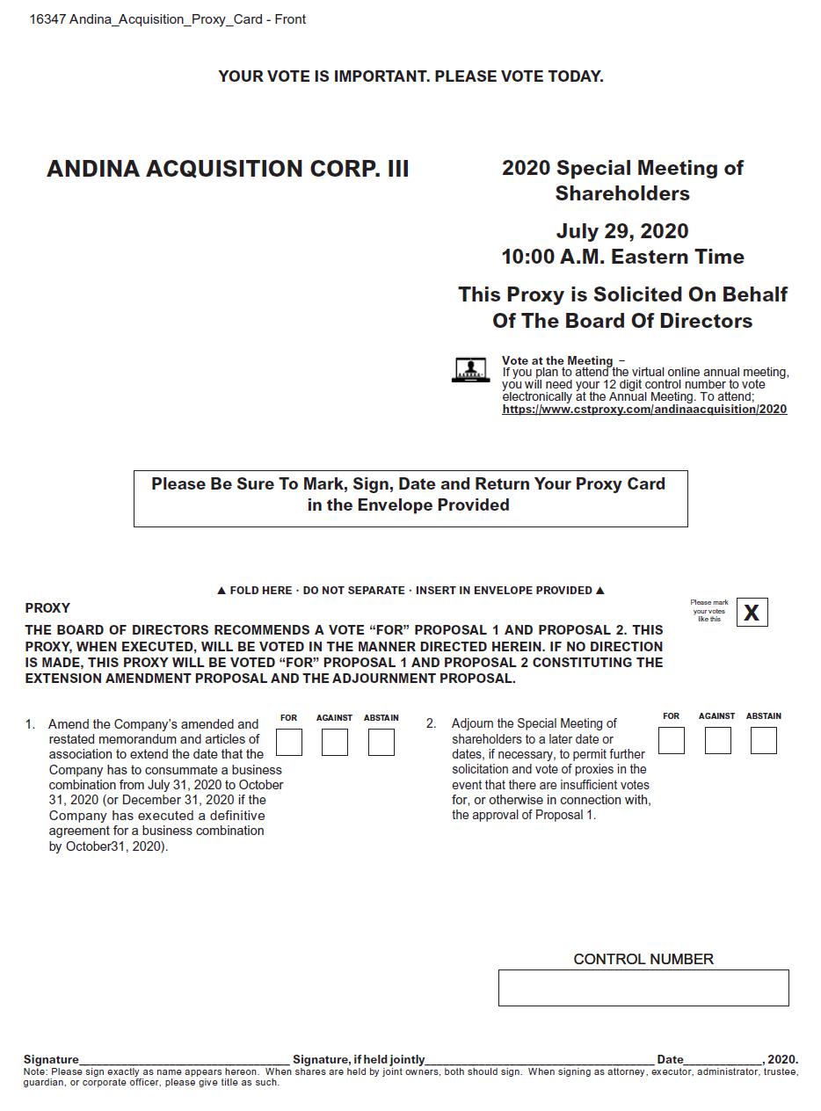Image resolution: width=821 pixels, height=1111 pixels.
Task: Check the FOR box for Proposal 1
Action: [x=289, y=742]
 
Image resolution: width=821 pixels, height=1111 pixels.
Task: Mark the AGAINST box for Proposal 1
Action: [x=335, y=742]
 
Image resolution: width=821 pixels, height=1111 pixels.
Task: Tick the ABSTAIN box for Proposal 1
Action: [x=381, y=742]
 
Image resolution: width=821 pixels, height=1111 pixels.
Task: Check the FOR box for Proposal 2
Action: [x=672, y=740]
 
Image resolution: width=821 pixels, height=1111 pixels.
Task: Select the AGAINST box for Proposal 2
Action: [x=718, y=740]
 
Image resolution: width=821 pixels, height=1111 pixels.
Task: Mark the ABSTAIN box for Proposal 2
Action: [x=764, y=740]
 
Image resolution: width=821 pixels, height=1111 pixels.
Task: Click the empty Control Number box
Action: [x=643, y=987]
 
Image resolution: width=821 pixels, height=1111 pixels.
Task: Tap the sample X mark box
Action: [x=752, y=613]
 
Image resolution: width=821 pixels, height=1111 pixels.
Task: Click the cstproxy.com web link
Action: [x=644, y=409]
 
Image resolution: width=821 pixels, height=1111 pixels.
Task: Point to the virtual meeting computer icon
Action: [x=470, y=370]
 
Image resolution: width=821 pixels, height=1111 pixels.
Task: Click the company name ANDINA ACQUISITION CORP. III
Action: [x=228, y=169]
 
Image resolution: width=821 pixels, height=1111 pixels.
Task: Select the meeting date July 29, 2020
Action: [x=622, y=231]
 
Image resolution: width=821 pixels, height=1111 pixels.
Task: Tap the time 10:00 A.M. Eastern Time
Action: [x=622, y=257]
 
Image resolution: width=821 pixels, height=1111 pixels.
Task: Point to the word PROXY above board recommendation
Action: [x=47, y=608]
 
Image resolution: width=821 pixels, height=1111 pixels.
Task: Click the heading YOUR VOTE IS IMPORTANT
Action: [x=410, y=76]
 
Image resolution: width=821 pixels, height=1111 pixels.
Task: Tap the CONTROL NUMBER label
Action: [x=643, y=959]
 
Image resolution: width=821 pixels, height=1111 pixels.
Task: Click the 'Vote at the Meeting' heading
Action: [x=557, y=360]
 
